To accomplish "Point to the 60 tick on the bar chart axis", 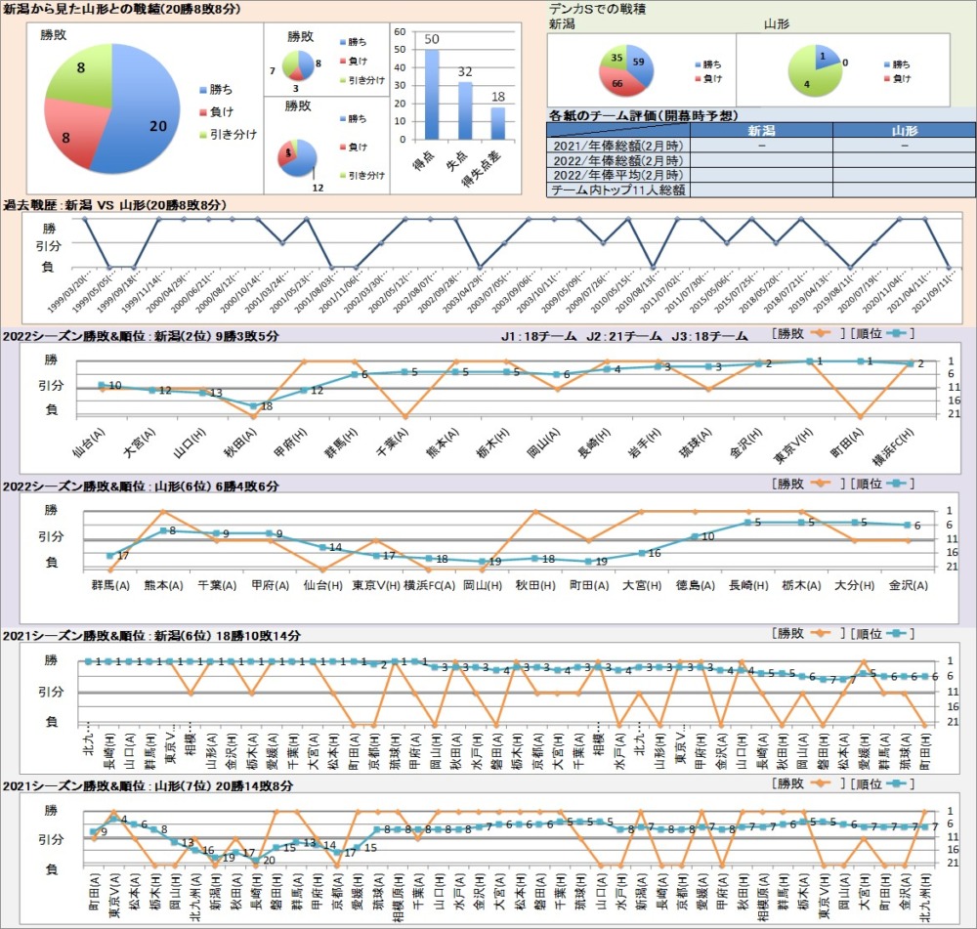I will (x=400, y=31).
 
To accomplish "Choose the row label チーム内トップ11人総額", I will (x=617, y=190).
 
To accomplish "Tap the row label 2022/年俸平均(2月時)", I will (x=617, y=175).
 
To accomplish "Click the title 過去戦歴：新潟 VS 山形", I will (x=115, y=205).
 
